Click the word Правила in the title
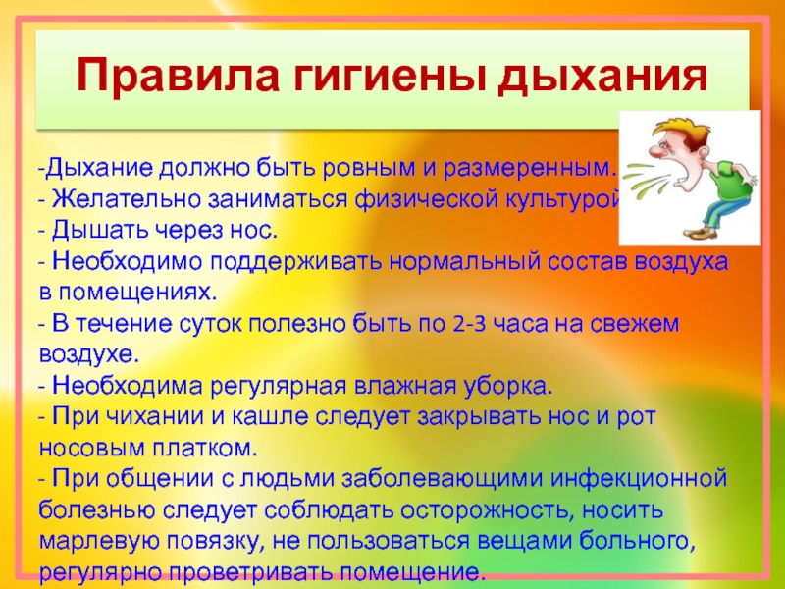pyautogui.click(x=178, y=77)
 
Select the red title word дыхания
pyautogui.click(x=602, y=77)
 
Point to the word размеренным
pyautogui.click(x=529, y=169)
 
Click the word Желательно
pyautogui.click(x=126, y=199)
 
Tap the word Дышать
pyautogui.click(x=99, y=230)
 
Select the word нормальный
pyautogui.click(x=464, y=262)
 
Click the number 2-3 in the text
pyautogui.click(x=470, y=325)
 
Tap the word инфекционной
pyautogui.click(x=639, y=479)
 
